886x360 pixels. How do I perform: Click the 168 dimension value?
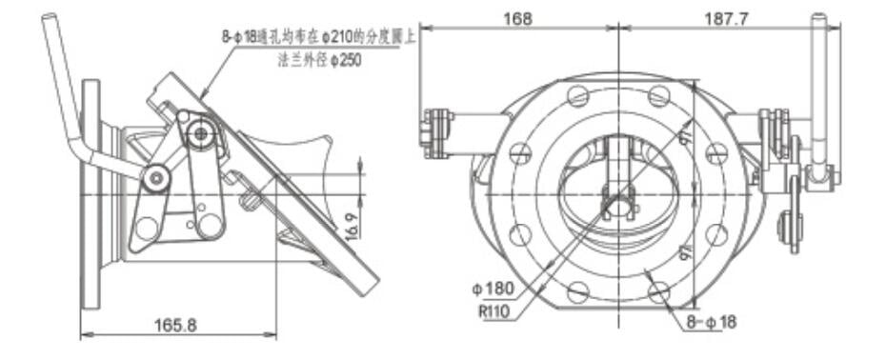pos(520,18)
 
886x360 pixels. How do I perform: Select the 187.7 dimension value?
pos(728,18)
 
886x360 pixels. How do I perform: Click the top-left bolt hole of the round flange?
pos(577,95)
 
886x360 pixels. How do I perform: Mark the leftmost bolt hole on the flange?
pos(519,151)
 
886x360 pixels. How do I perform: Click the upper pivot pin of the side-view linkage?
pos(199,134)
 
